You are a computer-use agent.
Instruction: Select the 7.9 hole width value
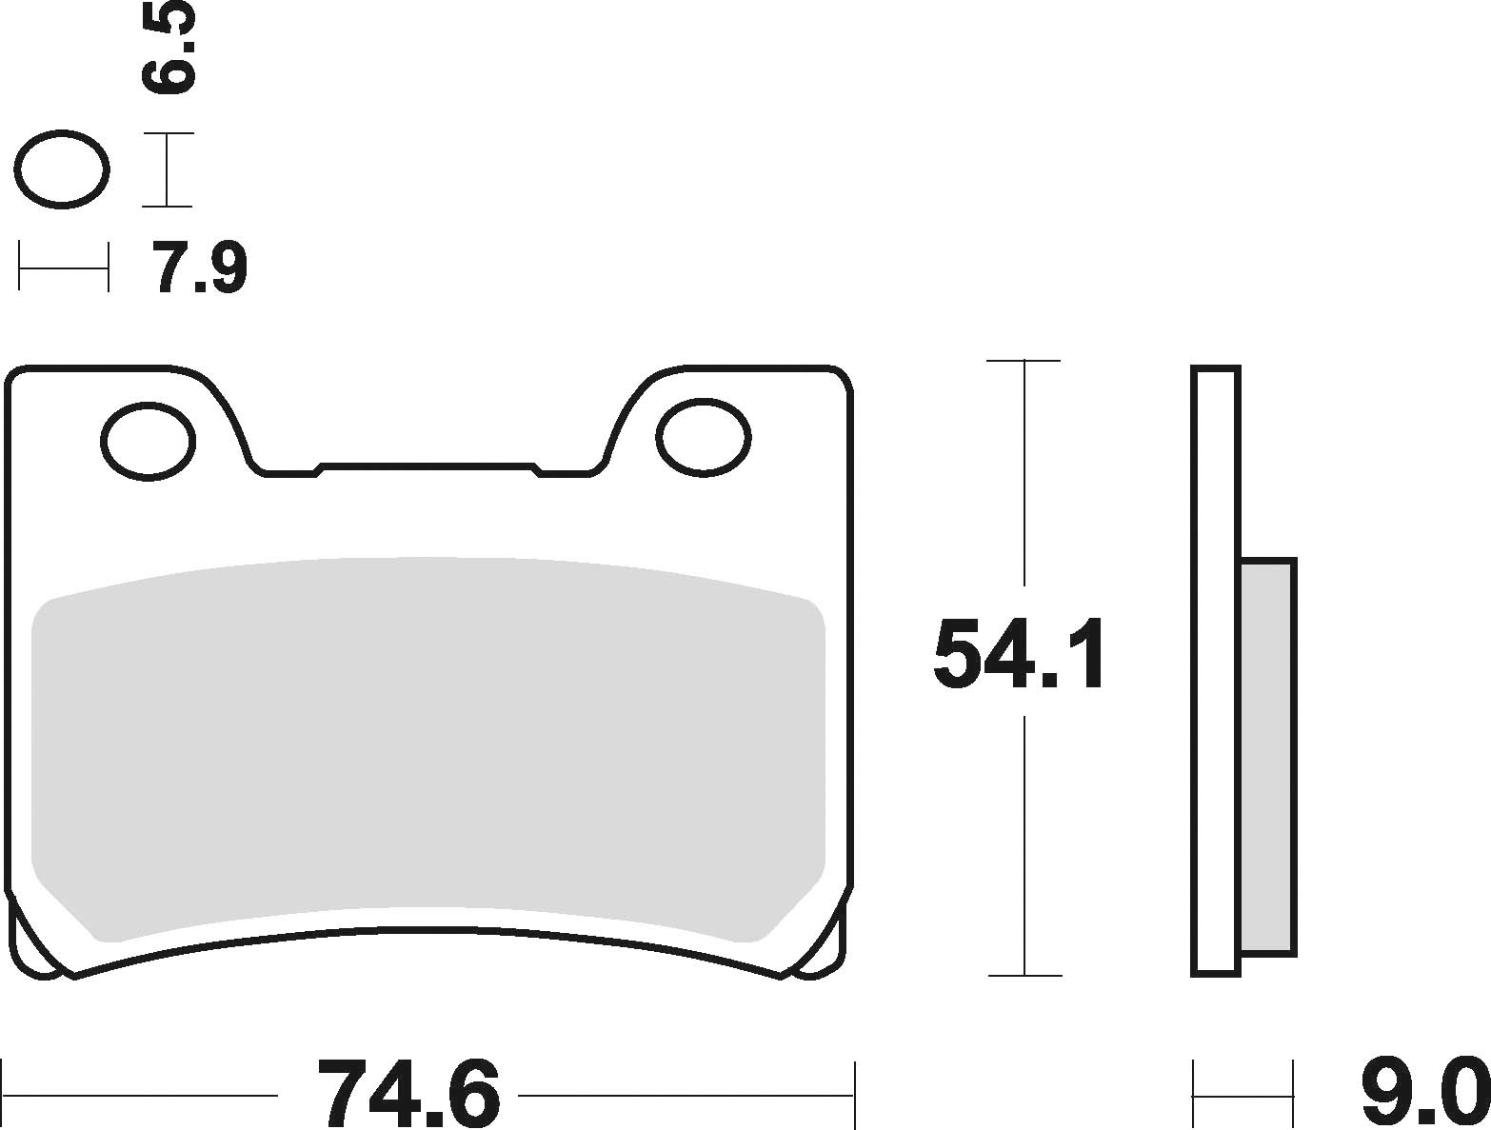(201, 268)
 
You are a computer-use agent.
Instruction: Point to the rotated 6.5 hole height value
(169, 48)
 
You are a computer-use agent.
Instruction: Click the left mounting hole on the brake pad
(148, 440)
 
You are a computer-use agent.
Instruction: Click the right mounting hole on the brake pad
(705, 438)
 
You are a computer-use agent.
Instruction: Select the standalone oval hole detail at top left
(64, 169)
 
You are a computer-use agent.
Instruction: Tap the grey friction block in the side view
(1267, 757)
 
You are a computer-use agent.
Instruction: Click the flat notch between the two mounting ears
(427, 468)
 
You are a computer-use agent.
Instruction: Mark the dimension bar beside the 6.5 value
(168, 169)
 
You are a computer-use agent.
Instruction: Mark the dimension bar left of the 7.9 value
(64, 268)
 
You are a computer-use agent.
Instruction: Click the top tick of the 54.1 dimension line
(1024, 362)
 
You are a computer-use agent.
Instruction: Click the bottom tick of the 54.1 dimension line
(1024, 976)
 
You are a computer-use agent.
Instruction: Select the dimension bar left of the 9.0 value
(1242, 1095)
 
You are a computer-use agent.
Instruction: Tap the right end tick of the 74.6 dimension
(855, 1095)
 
